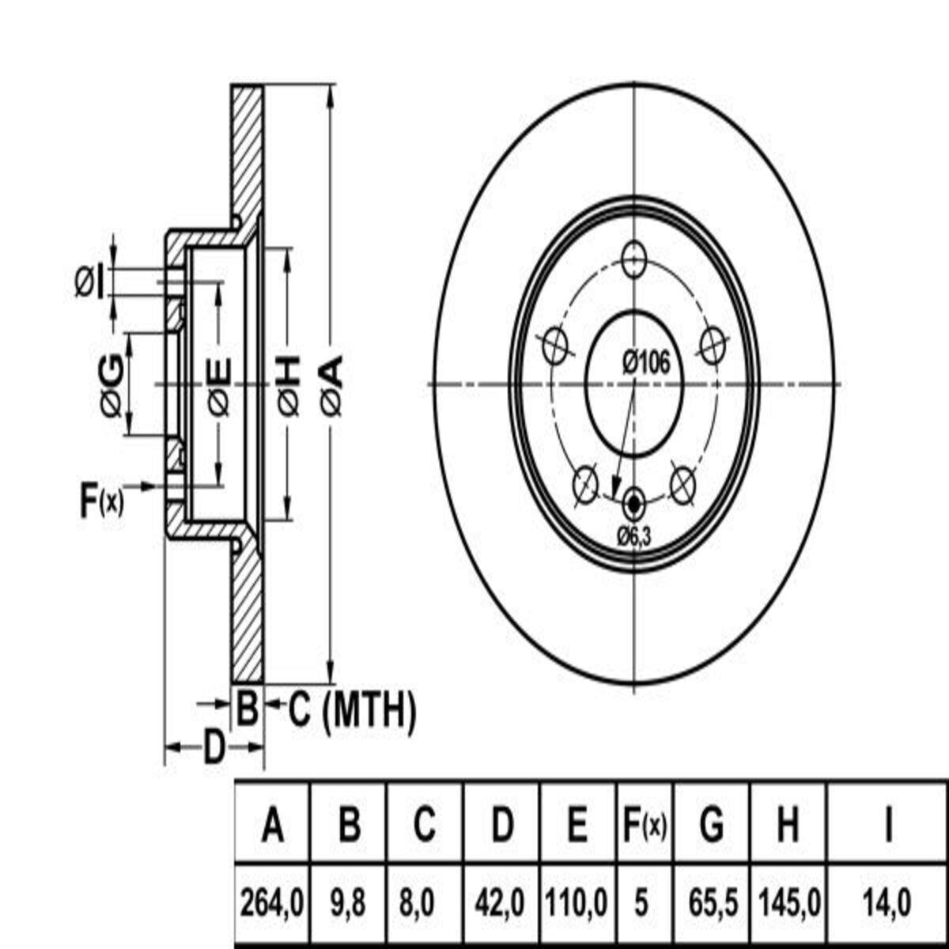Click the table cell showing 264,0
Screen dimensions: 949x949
pos(272,902)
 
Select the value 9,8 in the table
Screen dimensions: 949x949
pos(348,902)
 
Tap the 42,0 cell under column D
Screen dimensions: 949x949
pos(501,902)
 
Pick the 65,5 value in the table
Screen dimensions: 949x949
pos(712,902)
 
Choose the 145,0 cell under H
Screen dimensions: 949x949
pos(788,902)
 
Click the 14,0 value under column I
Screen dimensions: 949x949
pos(887,902)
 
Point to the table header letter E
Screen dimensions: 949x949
pos(578,826)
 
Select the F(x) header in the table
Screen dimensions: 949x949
pos(641,826)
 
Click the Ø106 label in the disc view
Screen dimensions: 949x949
pos(645,363)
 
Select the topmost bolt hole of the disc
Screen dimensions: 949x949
pos(633,259)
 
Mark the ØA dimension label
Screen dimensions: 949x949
pos(332,385)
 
